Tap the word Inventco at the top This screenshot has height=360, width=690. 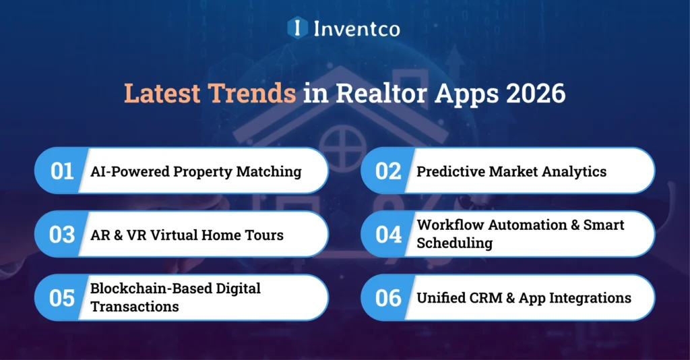(x=356, y=28)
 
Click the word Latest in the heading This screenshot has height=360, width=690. (x=162, y=94)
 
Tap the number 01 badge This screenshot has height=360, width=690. (x=62, y=171)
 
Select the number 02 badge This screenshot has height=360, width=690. (x=388, y=171)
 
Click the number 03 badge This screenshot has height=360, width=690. (x=62, y=234)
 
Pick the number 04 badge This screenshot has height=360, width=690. (x=388, y=234)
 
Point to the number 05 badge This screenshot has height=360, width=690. (x=62, y=297)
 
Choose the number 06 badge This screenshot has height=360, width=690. (x=388, y=297)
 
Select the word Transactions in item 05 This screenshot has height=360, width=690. (x=135, y=306)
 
